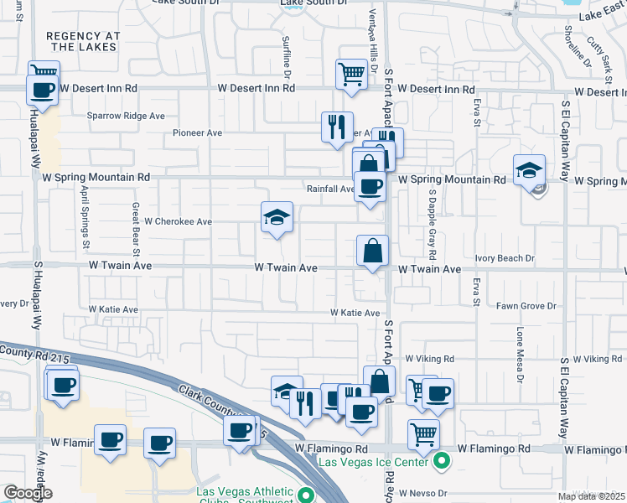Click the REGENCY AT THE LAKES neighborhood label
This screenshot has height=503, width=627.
[x=84, y=42]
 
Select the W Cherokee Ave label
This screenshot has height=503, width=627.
[x=178, y=222]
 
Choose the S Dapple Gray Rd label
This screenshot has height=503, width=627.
[x=433, y=223]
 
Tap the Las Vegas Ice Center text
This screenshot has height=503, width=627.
[x=373, y=460]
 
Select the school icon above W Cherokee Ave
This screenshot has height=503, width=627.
[x=277, y=218]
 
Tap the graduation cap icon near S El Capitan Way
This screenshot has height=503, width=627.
[x=530, y=170]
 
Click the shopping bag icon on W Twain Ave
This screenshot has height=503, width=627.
[x=372, y=250]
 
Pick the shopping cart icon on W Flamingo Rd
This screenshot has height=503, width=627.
[x=424, y=434]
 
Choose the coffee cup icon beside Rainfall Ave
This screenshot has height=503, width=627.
[x=369, y=185]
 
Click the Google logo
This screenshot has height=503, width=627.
[x=27, y=493]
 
